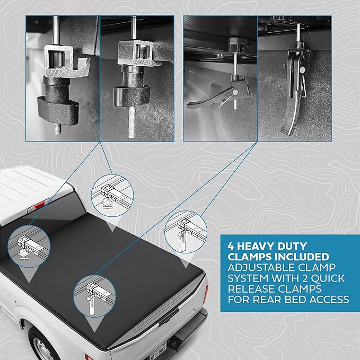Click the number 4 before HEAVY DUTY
tap(231, 247)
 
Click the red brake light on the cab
tap(39, 204)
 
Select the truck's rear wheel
tap(43, 346)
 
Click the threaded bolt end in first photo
tap(58, 129)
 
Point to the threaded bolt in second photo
tap(131, 122)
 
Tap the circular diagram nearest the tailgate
tap(94, 296)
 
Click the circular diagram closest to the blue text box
tap(186, 232)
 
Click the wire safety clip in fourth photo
tap(303, 86)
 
